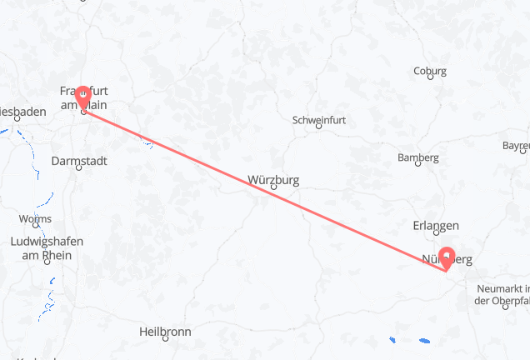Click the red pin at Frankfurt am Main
pyautogui.click(x=82, y=97)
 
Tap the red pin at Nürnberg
pyautogui.click(x=448, y=257)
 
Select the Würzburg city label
pyautogui.click(x=273, y=179)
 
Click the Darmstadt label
pyautogui.click(x=78, y=160)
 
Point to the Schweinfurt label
pyautogui.click(x=319, y=121)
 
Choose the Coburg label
pyautogui.click(x=430, y=71)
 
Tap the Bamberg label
pyautogui.click(x=418, y=158)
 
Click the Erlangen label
pyautogui.click(x=436, y=226)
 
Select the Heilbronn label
pyautogui.click(x=166, y=332)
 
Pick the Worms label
pyautogui.click(x=34, y=219)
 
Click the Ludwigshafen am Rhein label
pyautogui.click(x=47, y=248)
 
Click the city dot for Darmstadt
pyautogui.click(x=78, y=167)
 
